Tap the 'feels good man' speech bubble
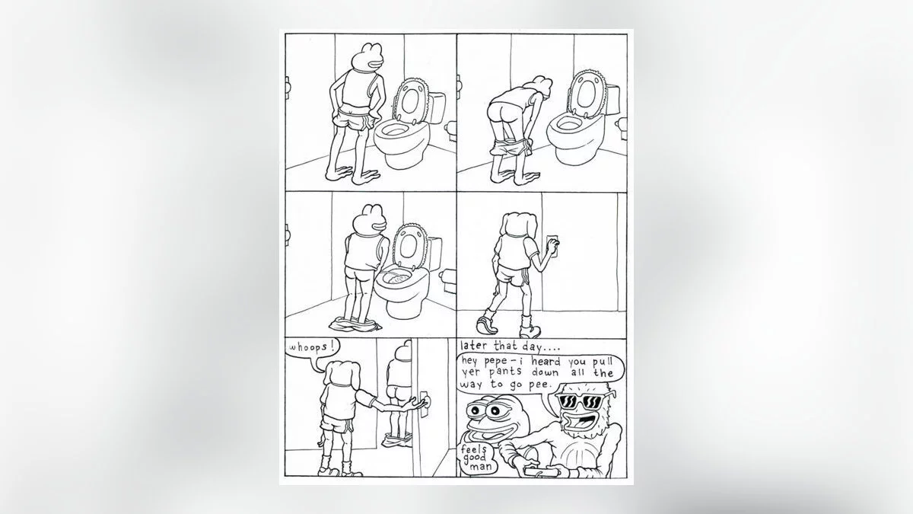click(x=476, y=458)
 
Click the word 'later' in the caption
click(x=475, y=346)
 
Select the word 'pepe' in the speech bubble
click(x=495, y=362)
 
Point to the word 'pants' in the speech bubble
click(x=505, y=373)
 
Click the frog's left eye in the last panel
click(x=474, y=410)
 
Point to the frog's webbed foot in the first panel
click(x=366, y=177)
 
